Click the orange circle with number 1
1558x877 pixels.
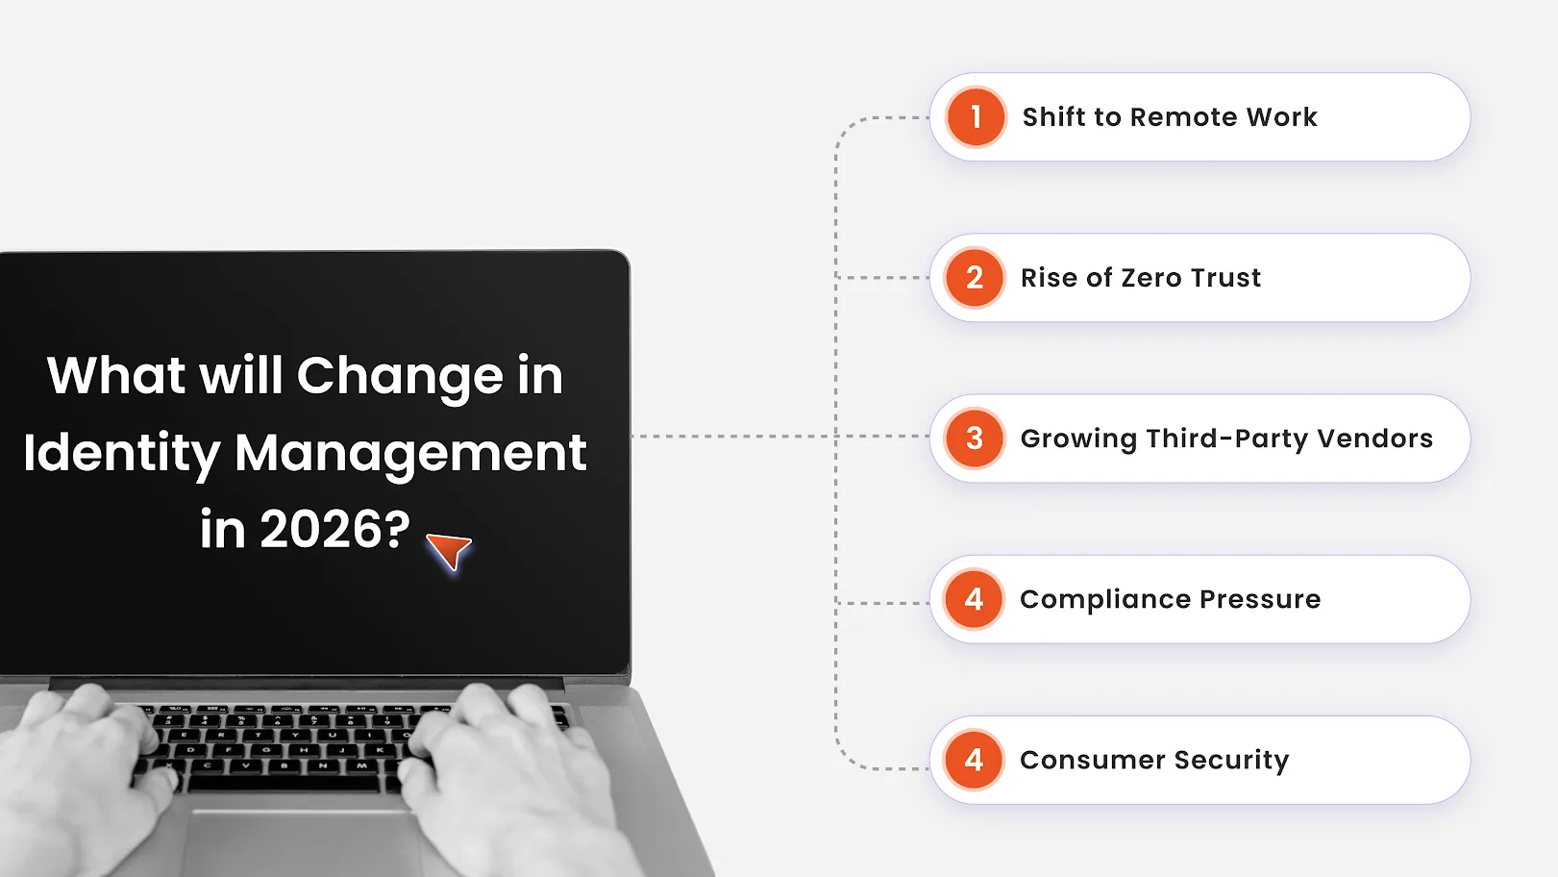[x=976, y=117]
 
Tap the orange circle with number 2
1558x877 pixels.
[x=975, y=278]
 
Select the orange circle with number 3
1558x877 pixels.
[x=975, y=438]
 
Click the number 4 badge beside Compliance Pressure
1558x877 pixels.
[x=975, y=599]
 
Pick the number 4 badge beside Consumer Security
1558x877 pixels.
[x=975, y=760]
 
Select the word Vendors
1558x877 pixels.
[x=1374, y=438]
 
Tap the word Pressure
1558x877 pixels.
[x=1260, y=599]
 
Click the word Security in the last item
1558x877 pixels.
[x=1231, y=760]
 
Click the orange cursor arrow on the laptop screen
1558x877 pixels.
[x=449, y=550]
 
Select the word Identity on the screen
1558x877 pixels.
[x=121, y=453]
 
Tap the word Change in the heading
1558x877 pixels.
[x=400, y=376]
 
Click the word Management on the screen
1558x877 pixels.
[x=410, y=453]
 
